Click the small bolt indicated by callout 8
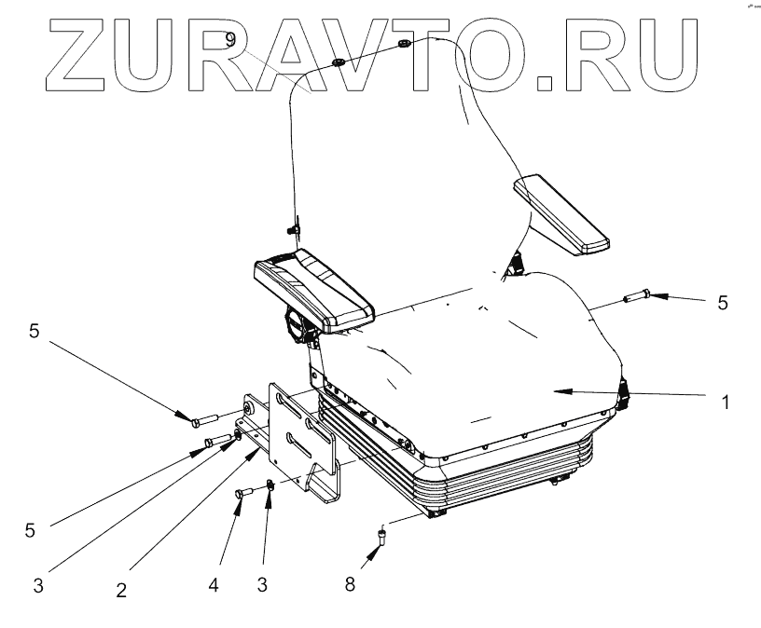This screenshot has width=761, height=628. pos(382,535)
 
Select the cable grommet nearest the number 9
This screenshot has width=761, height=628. pos(338,63)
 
